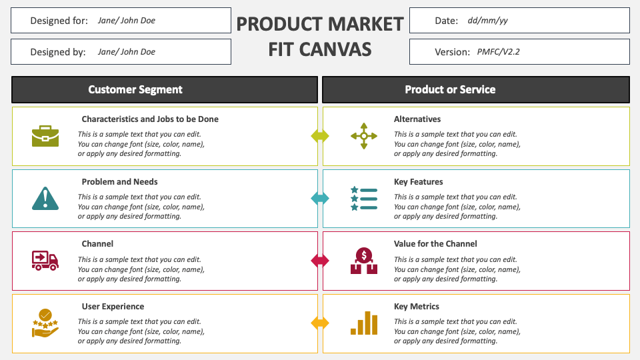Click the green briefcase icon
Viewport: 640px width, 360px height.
pos(45,136)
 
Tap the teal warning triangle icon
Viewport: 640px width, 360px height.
pos(45,198)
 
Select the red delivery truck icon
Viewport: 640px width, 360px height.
pos(45,260)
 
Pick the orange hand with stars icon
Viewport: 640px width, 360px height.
pos(45,323)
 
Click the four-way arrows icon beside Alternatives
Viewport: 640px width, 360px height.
pos(364,136)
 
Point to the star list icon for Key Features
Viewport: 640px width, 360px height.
pos(364,198)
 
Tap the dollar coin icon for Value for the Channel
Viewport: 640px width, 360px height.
pos(364,261)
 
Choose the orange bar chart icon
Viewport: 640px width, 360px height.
pos(364,323)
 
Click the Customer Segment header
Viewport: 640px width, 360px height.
pos(135,89)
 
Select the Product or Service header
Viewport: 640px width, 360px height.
pos(450,89)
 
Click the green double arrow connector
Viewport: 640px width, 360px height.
pos(320,136)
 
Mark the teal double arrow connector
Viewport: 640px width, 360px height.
pos(320,198)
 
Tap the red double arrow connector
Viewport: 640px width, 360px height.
pos(320,261)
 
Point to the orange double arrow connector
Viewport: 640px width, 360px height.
pos(320,323)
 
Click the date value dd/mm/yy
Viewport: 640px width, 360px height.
pos(488,21)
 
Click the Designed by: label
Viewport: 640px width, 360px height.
pos(58,52)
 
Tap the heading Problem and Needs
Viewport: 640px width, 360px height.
pos(120,181)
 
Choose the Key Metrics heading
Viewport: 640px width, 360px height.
pos(417,307)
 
